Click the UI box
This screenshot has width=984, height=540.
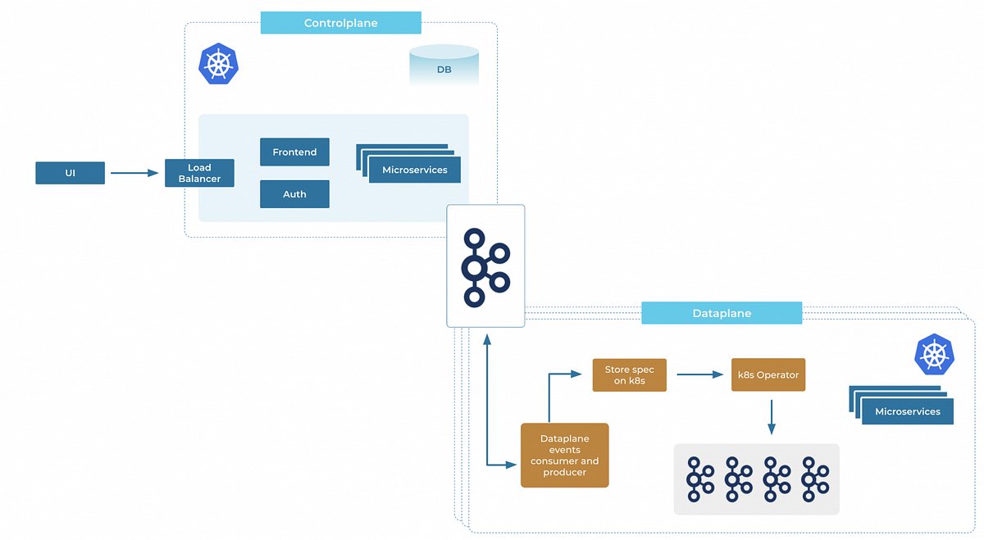[70, 173]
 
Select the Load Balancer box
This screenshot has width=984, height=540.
[199, 173]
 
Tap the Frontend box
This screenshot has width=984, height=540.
[294, 152]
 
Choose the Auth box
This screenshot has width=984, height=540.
[294, 194]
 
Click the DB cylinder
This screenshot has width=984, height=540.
[444, 66]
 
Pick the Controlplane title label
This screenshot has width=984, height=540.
[340, 23]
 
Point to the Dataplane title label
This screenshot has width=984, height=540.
[721, 313]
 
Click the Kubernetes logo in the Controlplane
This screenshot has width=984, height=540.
[217, 65]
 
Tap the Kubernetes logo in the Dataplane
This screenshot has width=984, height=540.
[934, 354]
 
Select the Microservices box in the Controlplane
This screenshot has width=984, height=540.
[414, 170]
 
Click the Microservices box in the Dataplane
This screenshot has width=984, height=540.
[907, 411]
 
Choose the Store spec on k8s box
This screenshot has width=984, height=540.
[629, 375]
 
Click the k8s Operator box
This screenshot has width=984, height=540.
[768, 375]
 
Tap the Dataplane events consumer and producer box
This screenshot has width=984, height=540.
[564, 456]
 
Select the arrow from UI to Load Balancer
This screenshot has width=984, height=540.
[134, 173]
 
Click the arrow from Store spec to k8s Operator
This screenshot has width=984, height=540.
[698, 375]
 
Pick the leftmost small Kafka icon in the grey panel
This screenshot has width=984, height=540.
[699, 479]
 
